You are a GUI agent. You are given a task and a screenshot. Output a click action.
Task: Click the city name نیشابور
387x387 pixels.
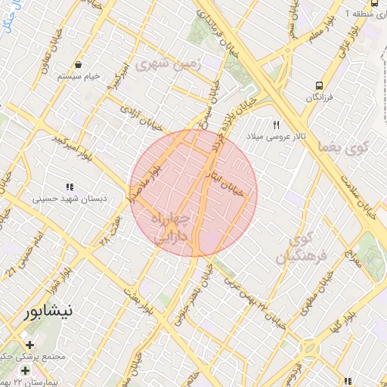click(49, 311)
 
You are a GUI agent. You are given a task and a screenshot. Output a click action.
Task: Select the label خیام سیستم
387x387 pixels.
click(81, 76)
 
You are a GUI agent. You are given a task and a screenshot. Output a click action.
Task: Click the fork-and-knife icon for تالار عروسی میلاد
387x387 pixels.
click(277, 124)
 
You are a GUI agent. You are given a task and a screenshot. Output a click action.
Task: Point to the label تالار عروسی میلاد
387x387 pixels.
click(271, 137)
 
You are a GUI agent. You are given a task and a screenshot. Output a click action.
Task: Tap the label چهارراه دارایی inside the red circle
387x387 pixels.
click(174, 227)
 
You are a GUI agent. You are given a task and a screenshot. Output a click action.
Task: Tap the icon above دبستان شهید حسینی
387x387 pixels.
click(70, 187)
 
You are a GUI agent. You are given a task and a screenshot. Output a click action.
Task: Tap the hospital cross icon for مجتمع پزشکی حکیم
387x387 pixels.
click(29, 345)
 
